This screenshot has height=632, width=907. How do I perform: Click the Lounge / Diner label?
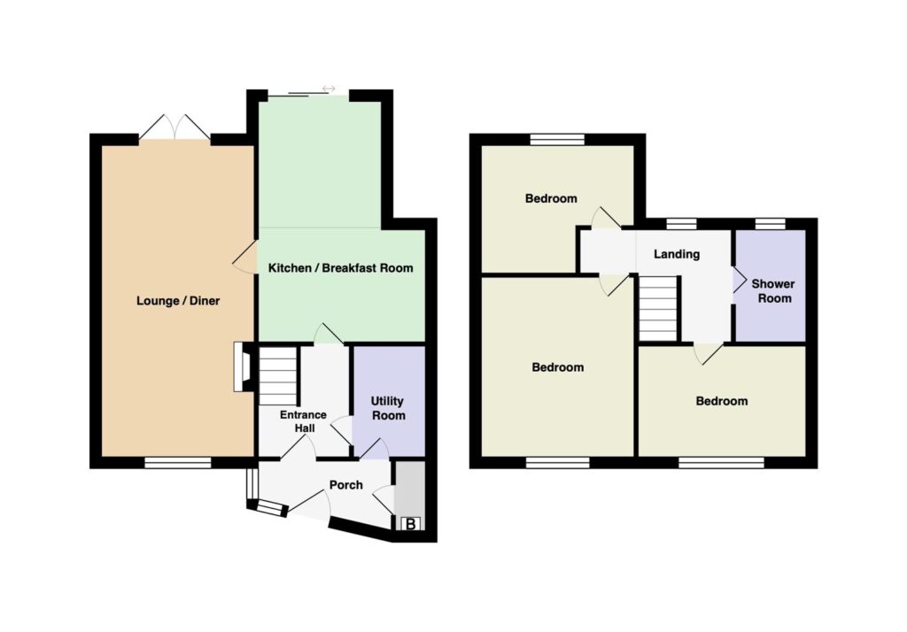tap(178, 301)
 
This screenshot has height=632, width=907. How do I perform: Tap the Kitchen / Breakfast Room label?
tap(341, 267)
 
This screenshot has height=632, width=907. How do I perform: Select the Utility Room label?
tap(388, 408)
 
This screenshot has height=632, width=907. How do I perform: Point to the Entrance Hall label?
tap(304, 421)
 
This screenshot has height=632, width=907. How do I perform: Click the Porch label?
tap(346, 485)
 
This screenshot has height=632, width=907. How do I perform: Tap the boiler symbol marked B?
tap(411, 524)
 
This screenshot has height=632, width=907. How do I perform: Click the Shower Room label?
tap(773, 291)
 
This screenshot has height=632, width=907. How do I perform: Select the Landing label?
tap(677, 254)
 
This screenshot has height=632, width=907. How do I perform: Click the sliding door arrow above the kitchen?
tap(329, 89)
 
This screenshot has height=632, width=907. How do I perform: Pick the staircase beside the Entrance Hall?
tap(277, 375)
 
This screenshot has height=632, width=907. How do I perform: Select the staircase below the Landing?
tap(658, 308)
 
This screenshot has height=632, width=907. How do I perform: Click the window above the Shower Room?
tap(770, 224)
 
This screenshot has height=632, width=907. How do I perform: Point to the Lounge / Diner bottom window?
tap(177, 463)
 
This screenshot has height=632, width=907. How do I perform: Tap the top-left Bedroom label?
tap(551, 199)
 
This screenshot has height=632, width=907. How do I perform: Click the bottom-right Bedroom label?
tap(721, 401)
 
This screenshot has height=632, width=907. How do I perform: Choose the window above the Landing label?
tap(681, 224)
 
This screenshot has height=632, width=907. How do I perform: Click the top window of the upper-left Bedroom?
tap(558, 139)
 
